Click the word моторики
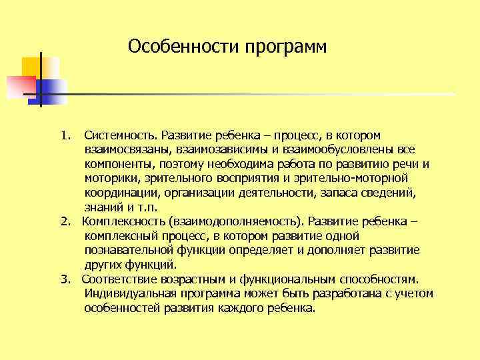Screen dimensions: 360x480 click(109, 179)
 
